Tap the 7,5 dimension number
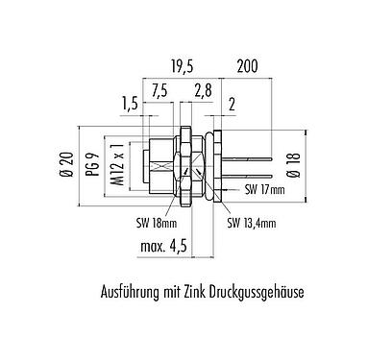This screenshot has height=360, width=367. coord(159,91)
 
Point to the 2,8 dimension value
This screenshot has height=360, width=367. coord(203,91)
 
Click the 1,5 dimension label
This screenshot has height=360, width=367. coord(130,105)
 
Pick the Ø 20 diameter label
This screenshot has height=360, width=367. coord(67,164)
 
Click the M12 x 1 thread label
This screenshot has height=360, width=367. coord(118,164)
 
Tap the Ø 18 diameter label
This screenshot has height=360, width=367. coord(295,164)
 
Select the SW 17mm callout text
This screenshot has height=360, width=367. coord(264,190)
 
